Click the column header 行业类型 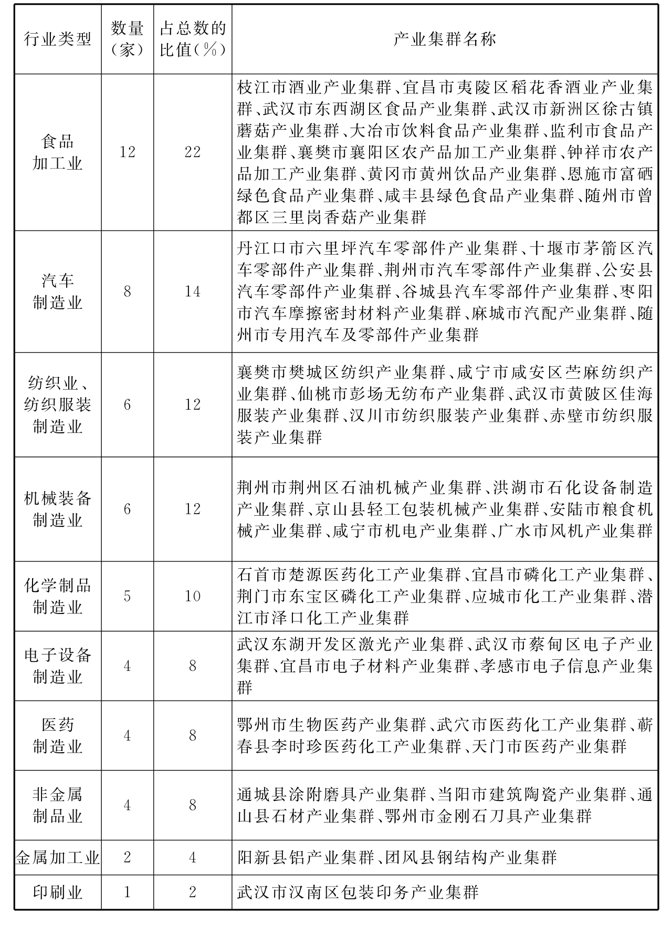coord(58,39)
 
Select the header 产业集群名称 coord(444,39)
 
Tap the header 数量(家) coord(127,39)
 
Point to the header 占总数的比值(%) coord(193,39)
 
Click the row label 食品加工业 coord(58,152)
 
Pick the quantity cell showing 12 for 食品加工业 coord(127,152)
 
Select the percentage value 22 coord(193,152)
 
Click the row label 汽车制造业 coord(58,292)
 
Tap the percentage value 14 coord(193,292)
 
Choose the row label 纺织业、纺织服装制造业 coord(58,404)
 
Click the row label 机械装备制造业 coord(58,509)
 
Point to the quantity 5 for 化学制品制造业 coord(127,596)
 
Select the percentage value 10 coord(193,596)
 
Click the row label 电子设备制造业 coord(58,666)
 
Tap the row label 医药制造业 coord(58,735)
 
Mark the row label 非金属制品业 coord(58,805)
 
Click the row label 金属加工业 coord(58,858)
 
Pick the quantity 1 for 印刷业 coord(127,892)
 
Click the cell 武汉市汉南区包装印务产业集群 coord(358,892)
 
